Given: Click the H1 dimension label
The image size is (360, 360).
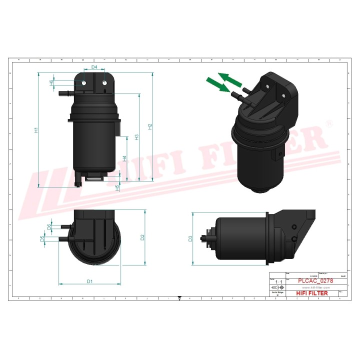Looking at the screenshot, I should pos(35,130).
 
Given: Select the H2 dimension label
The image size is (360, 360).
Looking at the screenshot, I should pos(149,126).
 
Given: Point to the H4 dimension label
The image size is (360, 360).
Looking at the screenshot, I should pos(124,159).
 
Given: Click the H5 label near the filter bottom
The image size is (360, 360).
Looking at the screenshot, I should pos(117,187).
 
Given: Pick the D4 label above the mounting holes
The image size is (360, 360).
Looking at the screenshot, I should pos(94,66).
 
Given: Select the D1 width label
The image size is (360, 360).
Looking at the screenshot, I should pos(90,281).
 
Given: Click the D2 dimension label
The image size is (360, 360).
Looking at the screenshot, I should pos(142,236).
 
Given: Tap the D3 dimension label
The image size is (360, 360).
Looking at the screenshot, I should pos(190,238).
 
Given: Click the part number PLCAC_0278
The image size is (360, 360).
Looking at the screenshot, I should pos(315,281).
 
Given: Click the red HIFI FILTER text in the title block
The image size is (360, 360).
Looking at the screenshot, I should pos(312,293).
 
